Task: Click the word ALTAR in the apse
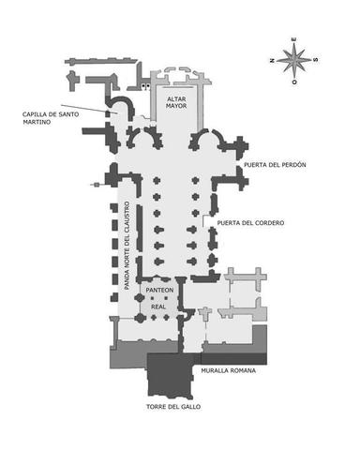(177, 97)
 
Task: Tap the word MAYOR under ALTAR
(177, 106)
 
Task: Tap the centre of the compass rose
(295, 60)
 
